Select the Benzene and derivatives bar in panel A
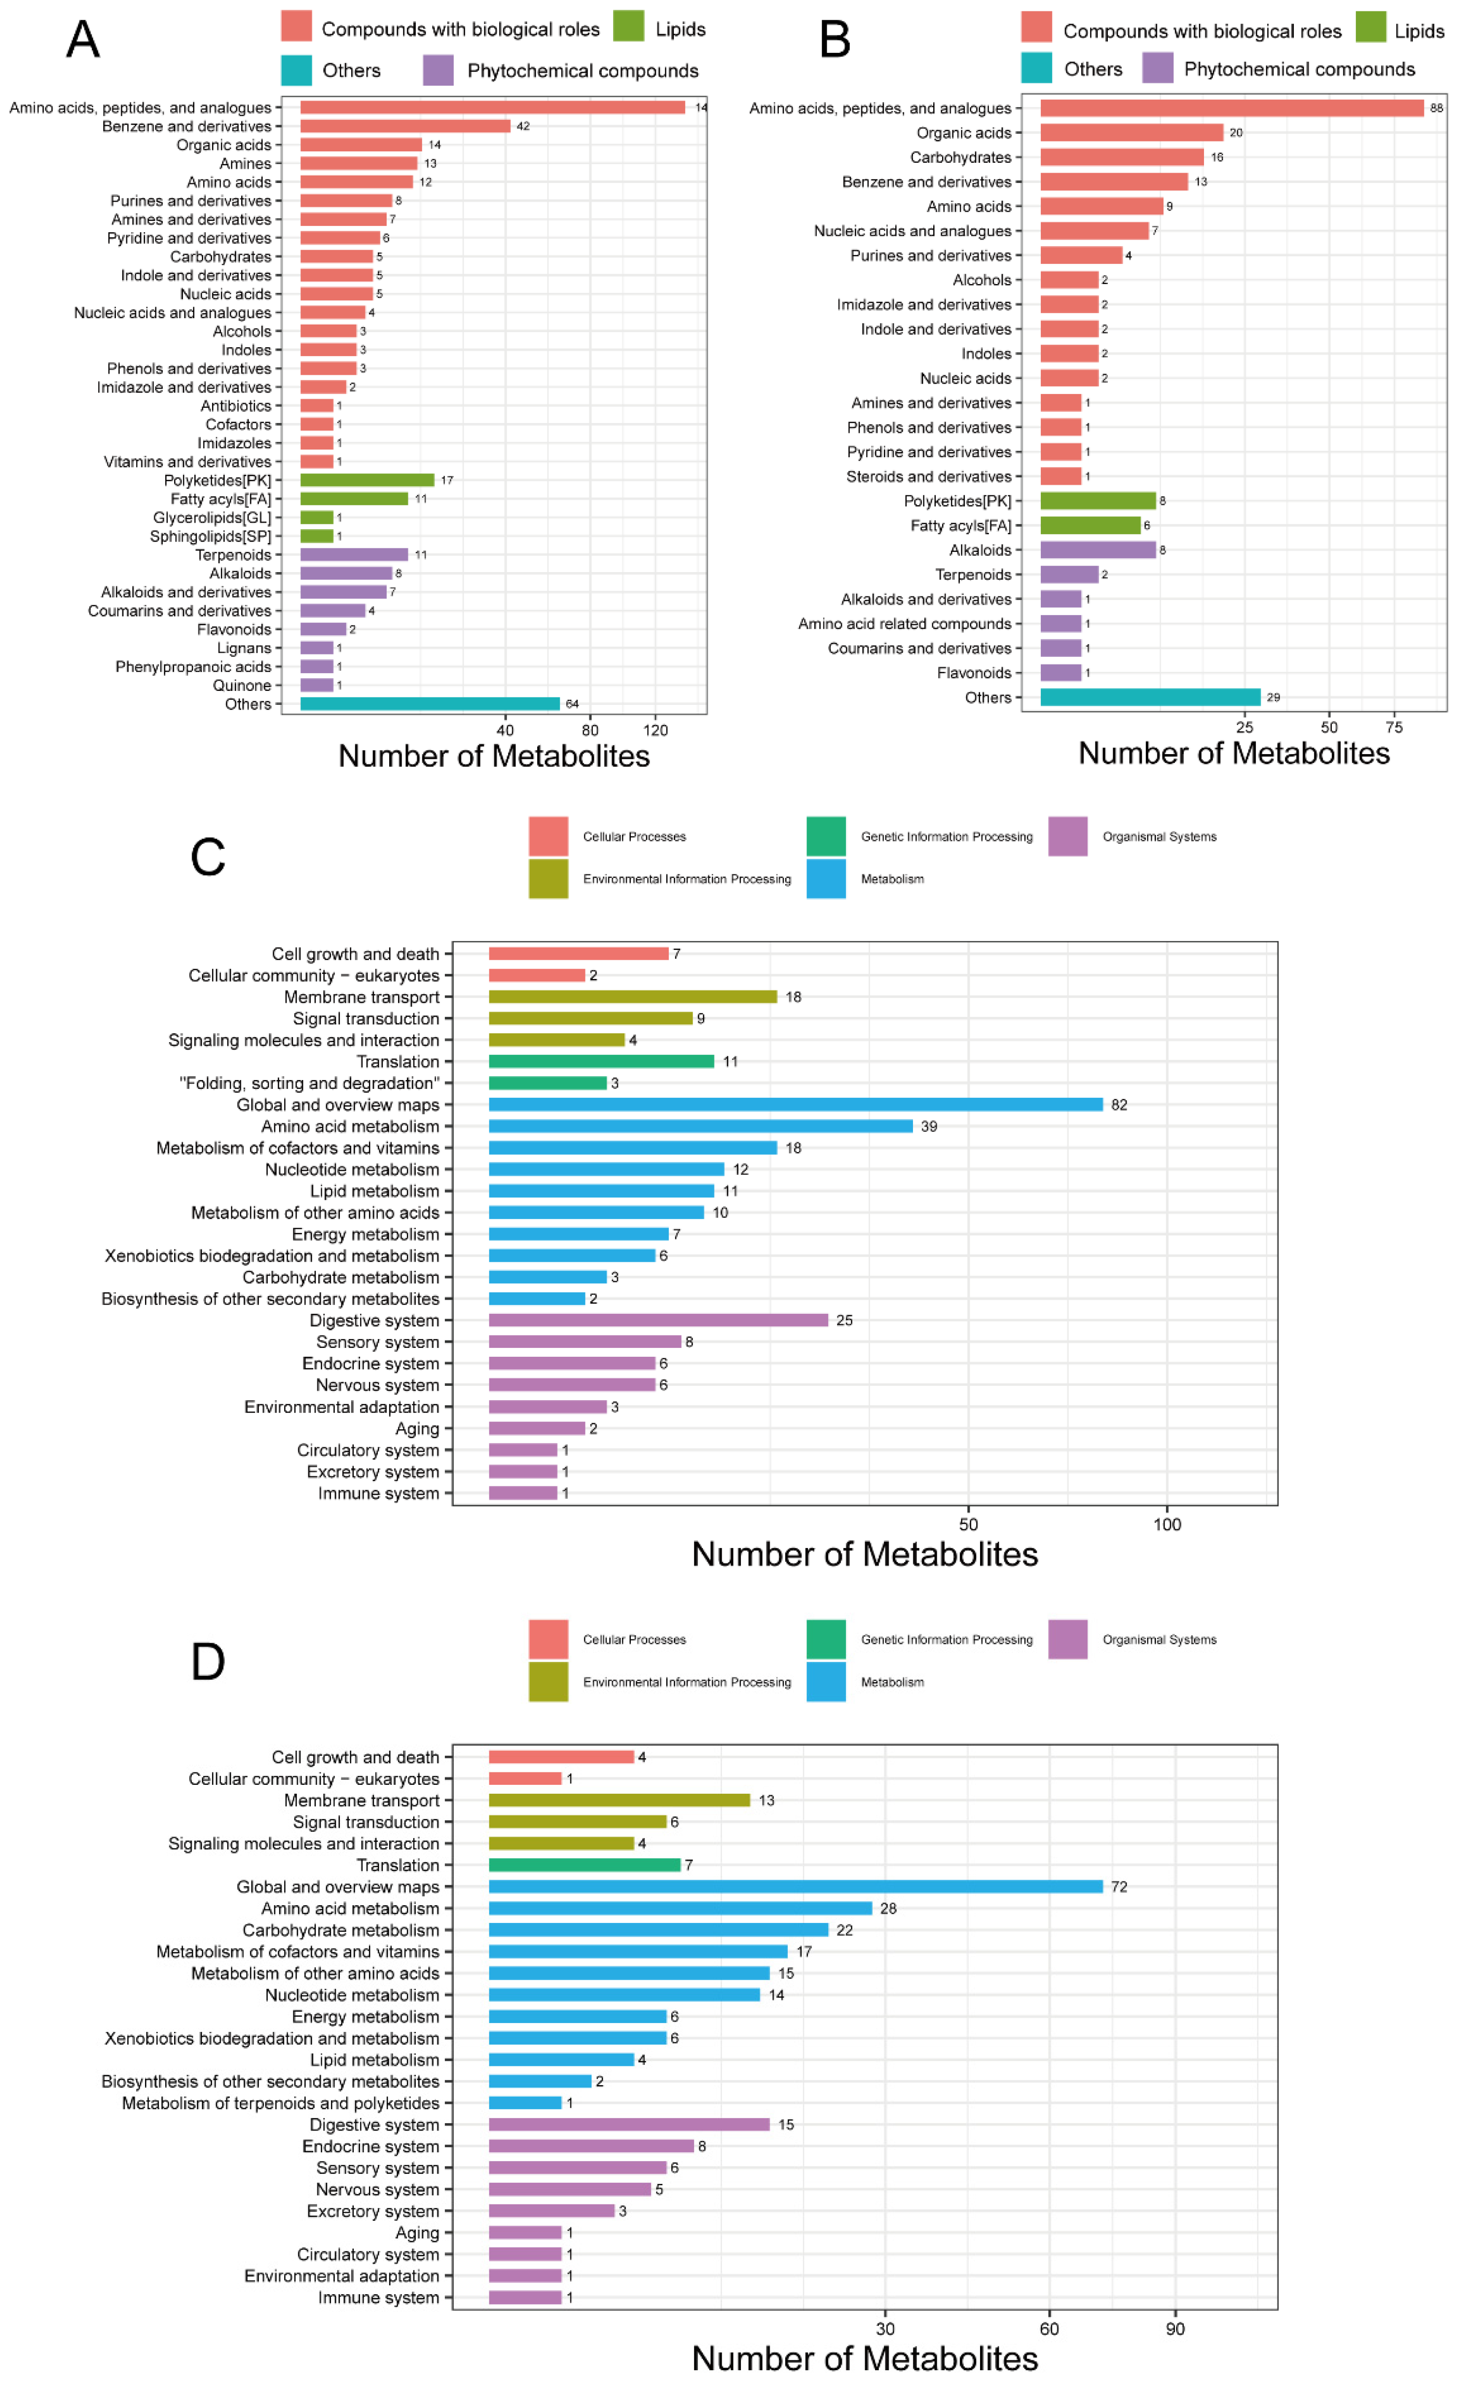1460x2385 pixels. pos(404,126)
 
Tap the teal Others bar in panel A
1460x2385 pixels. pos(430,704)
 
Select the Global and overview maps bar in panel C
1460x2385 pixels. pos(795,1104)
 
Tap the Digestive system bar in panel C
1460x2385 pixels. pos(658,1320)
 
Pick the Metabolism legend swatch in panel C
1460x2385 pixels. pos(826,879)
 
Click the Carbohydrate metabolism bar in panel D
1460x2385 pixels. pos(658,1930)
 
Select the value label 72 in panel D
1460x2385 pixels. pos(1119,1886)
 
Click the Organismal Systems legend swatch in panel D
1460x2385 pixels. pos(1067,1640)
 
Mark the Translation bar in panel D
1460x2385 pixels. pos(585,1865)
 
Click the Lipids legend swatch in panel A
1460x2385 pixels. pos(628,26)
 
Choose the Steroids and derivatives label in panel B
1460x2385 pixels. pos(927,476)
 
